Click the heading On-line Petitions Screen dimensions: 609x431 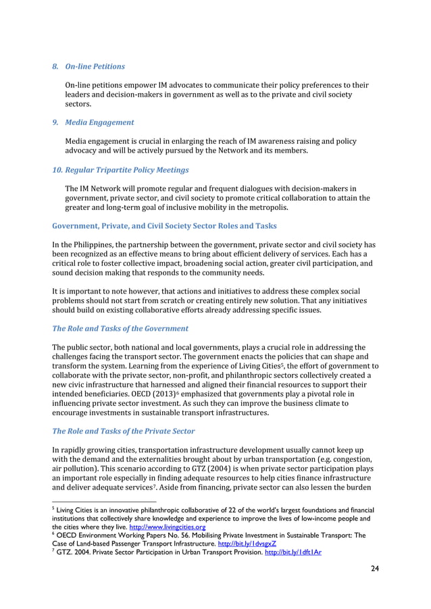pyautogui.click(x=95, y=66)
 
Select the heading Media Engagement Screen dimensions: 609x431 pyautogui.click(x=99, y=122)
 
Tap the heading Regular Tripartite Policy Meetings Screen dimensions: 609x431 pyautogui.click(x=126, y=169)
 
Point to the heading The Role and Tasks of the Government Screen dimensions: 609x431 pyautogui.click(x=120, y=328)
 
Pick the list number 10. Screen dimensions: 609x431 pyautogui.click(x=57, y=169)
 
